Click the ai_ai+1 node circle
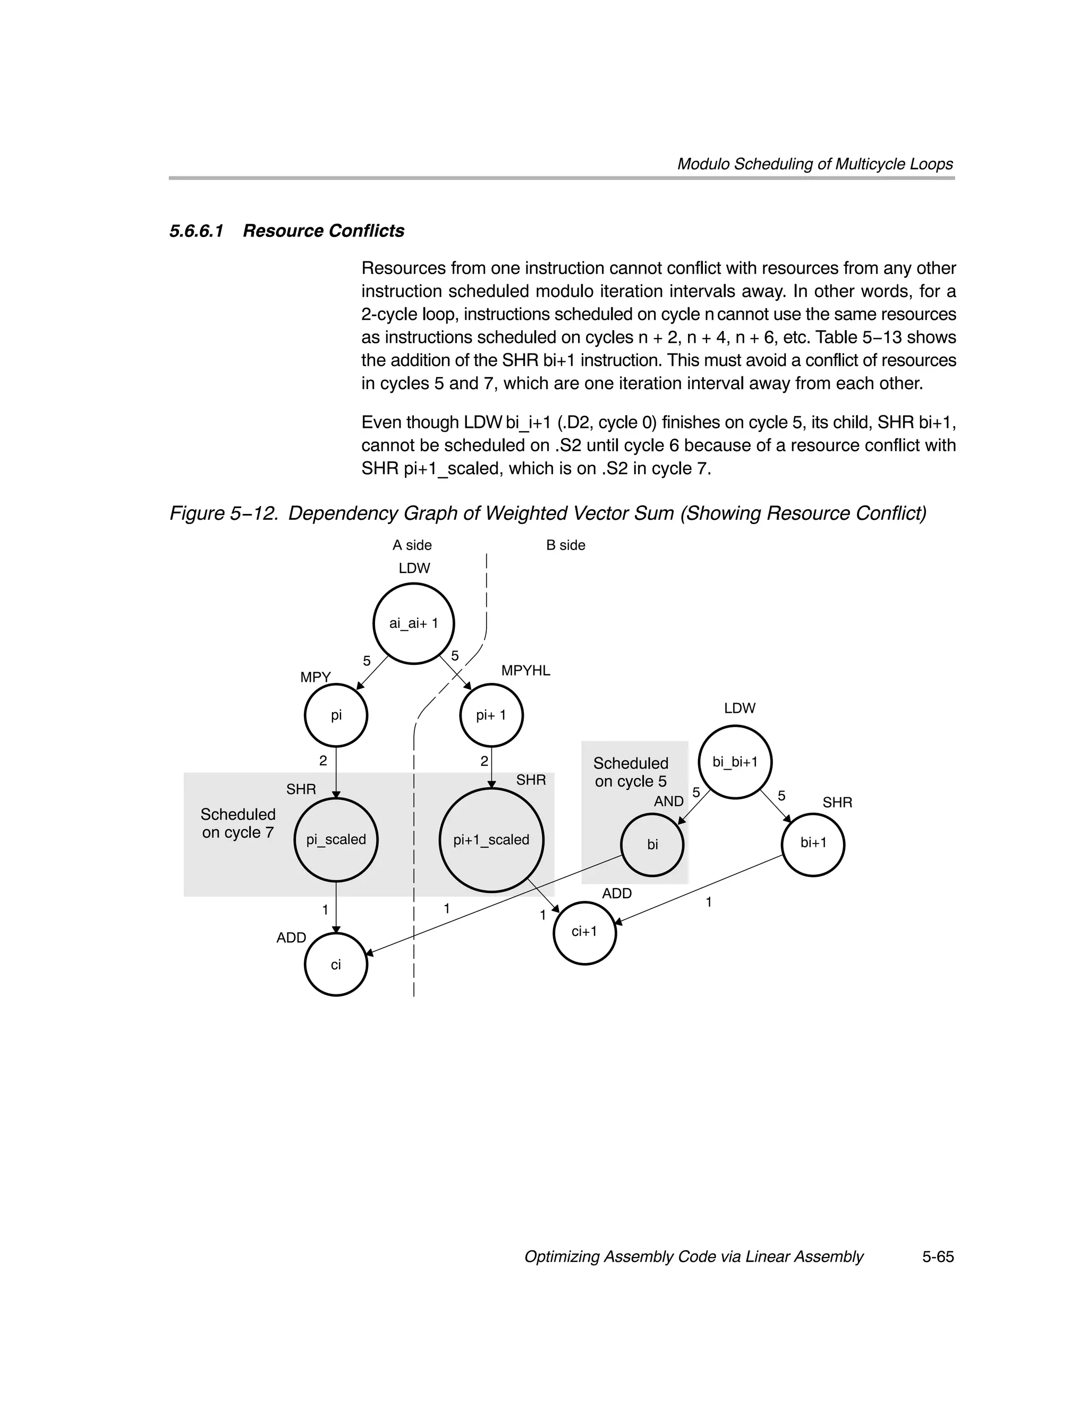[413, 623]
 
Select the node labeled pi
[336, 715]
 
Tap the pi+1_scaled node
[491, 839]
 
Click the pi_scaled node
[336, 839]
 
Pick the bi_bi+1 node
[735, 762]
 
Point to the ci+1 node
[584, 932]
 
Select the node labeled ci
[336, 965]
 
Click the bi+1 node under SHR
[813, 843]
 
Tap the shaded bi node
[652, 845]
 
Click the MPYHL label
[525, 670]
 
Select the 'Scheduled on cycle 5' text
[631, 772]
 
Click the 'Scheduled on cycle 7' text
[238, 823]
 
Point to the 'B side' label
[566, 545]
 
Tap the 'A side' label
[412, 545]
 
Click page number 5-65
[938, 1257]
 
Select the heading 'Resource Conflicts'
[323, 231]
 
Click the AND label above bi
[669, 801]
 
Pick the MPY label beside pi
[316, 677]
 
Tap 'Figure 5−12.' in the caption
[224, 513]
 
